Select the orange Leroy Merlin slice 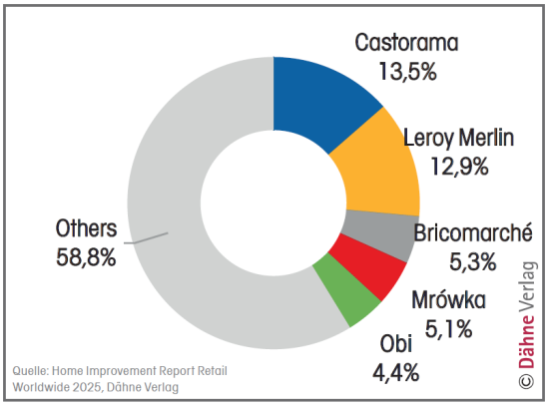coord(379,166)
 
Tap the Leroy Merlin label coord(458,138)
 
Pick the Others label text coord(87,229)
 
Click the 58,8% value coord(87,257)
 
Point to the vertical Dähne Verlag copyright coord(527,319)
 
